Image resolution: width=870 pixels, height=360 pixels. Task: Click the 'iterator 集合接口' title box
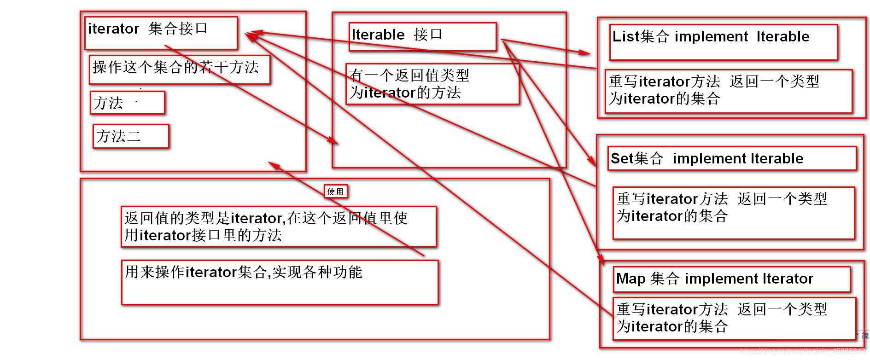coord(161,33)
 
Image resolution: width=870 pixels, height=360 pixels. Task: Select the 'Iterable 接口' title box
coord(422,36)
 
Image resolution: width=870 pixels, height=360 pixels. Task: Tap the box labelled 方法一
coord(128,103)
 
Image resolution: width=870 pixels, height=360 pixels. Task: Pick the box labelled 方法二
coord(131,136)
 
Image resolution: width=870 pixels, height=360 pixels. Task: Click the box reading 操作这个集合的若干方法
coord(180,70)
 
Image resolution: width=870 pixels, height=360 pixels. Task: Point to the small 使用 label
coord(335,192)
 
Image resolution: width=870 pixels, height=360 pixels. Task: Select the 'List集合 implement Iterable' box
coord(723,42)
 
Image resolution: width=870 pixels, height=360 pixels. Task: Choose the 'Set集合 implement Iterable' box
coord(732,159)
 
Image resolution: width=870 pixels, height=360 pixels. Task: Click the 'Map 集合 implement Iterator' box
coord(731,279)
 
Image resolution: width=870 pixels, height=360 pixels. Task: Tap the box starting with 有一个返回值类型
coord(432,84)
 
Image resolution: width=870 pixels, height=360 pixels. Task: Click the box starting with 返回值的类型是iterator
coord(279,227)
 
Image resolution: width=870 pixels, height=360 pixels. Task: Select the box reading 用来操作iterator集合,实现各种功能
coord(280,282)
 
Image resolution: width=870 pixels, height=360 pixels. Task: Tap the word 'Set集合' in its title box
coord(636,159)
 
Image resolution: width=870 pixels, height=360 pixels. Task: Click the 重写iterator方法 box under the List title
coord(729,91)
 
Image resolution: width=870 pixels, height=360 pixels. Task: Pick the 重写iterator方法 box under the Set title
coord(734,213)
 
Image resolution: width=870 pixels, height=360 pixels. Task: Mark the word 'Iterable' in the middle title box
coord(378,35)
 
